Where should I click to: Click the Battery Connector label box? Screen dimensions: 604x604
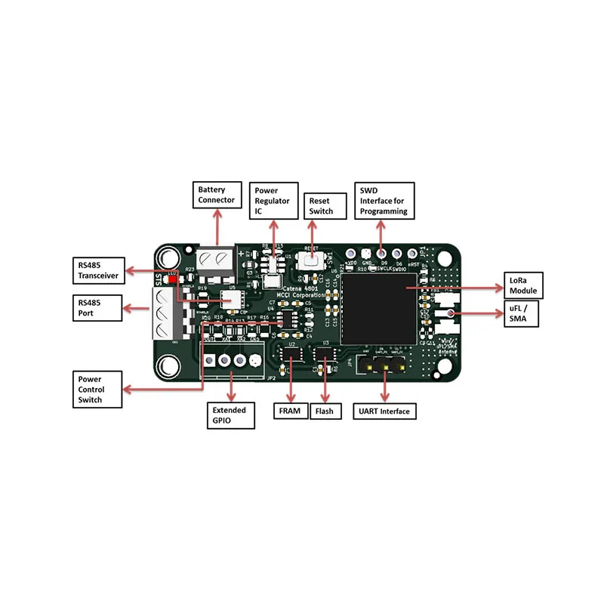pos(217,195)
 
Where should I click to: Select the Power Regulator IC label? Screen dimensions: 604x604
pos(273,202)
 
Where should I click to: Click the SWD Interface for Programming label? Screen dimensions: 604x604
pos(384,201)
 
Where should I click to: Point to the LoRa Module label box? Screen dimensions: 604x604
pos(523,286)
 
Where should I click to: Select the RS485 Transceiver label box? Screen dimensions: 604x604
pos(98,270)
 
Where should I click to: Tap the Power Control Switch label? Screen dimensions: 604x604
pos(97,389)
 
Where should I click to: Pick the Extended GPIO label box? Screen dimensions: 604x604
pos(232,415)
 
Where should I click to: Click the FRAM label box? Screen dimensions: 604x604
pos(291,411)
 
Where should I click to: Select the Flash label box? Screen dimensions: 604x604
pos(326,411)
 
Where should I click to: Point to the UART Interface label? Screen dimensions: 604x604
pos(385,411)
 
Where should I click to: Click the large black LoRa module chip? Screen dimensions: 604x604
pos(378,308)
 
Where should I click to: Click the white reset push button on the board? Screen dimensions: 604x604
pos(310,260)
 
